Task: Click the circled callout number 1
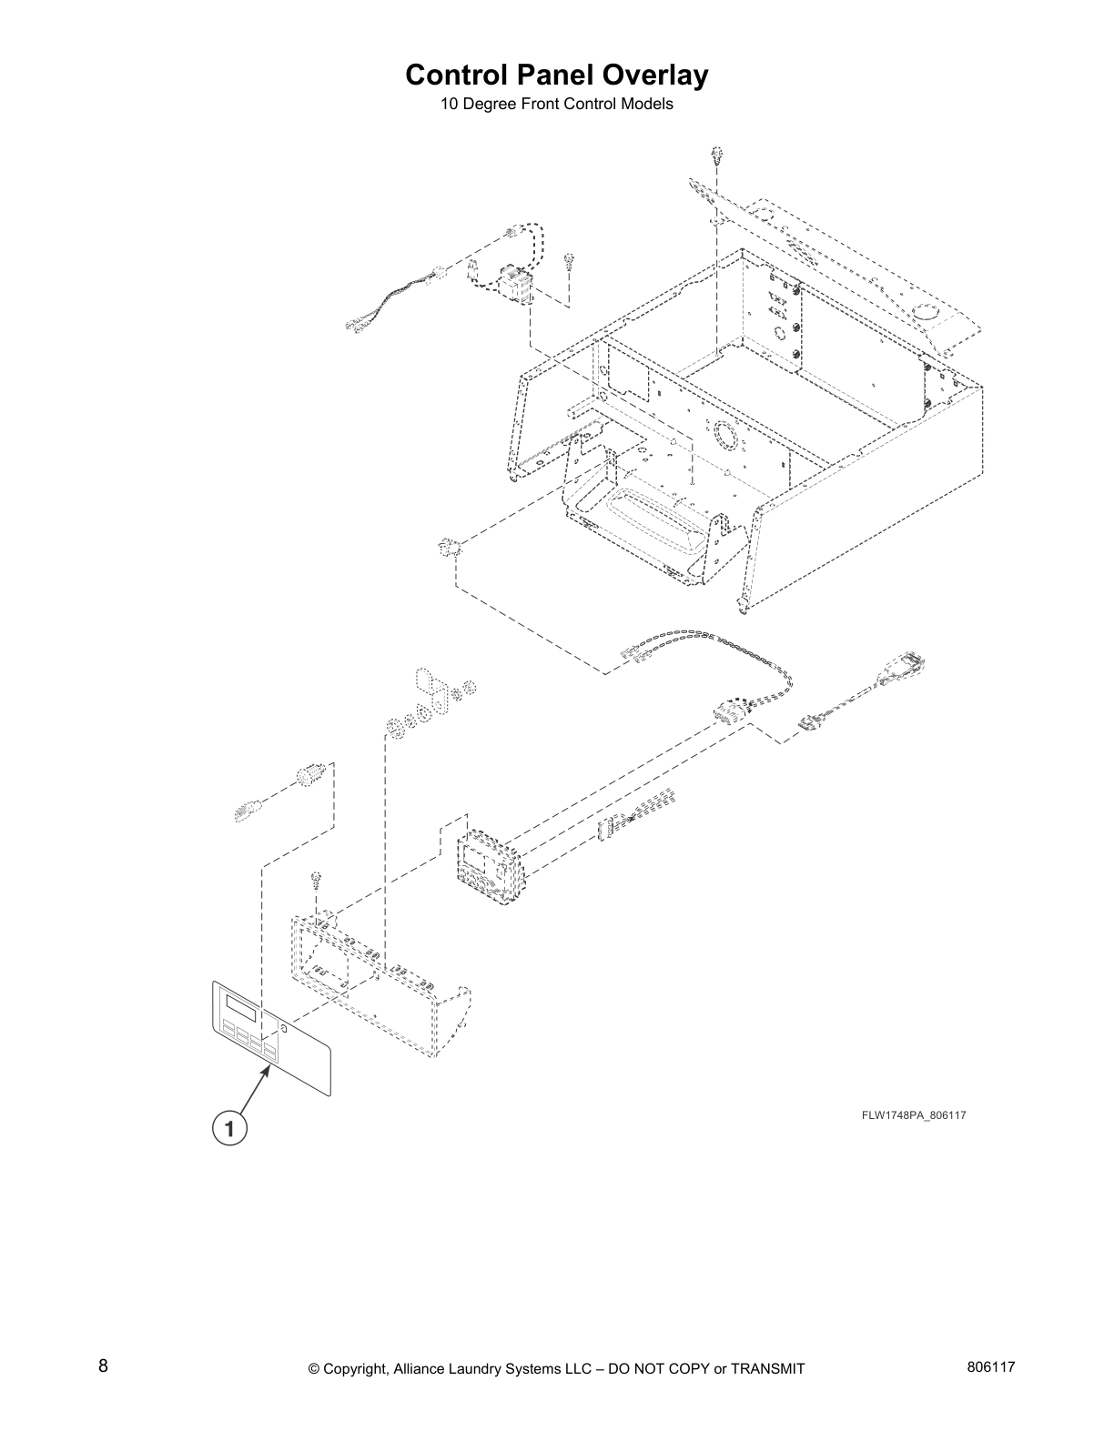pyautogui.click(x=229, y=1129)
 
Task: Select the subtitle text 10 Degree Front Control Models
pyautogui.click(x=556, y=104)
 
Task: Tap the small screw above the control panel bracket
pyautogui.click(x=315, y=879)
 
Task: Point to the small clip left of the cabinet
pyautogui.click(x=447, y=547)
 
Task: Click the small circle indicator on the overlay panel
pyautogui.click(x=283, y=1030)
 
